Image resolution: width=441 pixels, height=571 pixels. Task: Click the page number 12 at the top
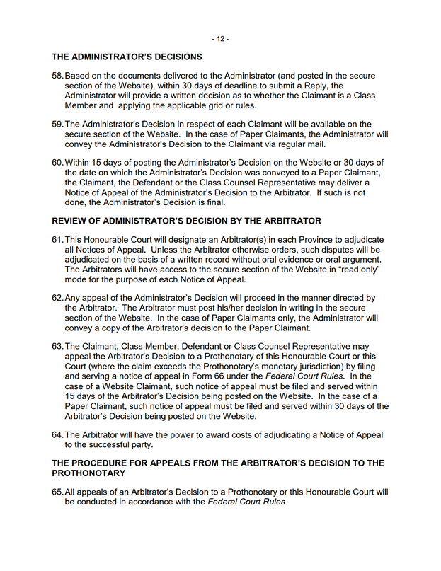[220, 38]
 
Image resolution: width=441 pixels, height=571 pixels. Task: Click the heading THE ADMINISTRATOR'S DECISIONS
[127, 57]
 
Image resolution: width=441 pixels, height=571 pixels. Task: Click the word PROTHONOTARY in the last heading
[89, 473]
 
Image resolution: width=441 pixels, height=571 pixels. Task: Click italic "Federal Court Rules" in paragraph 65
[247, 502]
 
